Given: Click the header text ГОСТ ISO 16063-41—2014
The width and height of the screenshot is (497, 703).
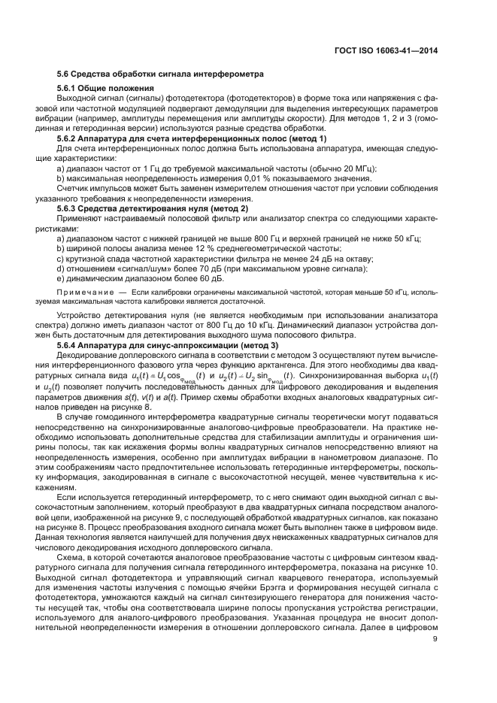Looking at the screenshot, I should (x=384, y=50).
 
